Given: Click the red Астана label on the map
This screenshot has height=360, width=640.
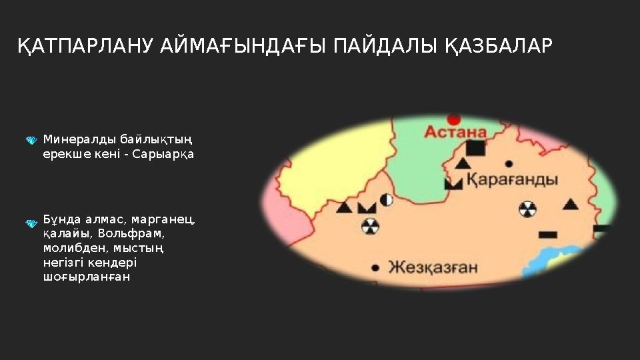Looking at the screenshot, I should pyautogui.click(x=455, y=132).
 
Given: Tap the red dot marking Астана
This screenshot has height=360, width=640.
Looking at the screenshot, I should pyautogui.click(x=454, y=119).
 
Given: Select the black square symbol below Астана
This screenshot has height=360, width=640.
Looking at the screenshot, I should pyautogui.click(x=475, y=149).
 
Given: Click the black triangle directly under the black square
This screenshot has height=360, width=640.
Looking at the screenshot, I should pyautogui.click(x=462, y=163).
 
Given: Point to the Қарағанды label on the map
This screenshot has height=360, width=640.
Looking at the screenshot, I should pyautogui.click(x=511, y=179).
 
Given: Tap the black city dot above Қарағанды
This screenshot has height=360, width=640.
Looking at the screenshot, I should pyautogui.click(x=509, y=163).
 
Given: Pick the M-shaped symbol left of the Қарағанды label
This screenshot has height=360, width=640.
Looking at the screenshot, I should pyautogui.click(x=453, y=183).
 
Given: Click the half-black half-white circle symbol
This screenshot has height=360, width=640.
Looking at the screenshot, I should pyautogui.click(x=386, y=199).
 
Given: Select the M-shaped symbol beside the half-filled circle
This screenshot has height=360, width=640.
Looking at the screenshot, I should pyautogui.click(x=367, y=207).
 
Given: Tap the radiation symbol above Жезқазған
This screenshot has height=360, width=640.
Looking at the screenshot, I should pyautogui.click(x=369, y=227).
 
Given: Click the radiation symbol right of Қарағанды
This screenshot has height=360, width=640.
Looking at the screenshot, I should pyautogui.click(x=527, y=209).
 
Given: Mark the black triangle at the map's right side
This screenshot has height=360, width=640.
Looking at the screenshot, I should pyautogui.click(x=570, y=204).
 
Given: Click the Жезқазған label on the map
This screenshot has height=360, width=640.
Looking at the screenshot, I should pyautogui.click(x=433, y=267).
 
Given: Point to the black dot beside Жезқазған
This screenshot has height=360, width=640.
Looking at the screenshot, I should pyautogui.click(x=375, y=268).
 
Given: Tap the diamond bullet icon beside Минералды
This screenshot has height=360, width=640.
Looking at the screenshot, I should pyautogui.click(x=31, y=141).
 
